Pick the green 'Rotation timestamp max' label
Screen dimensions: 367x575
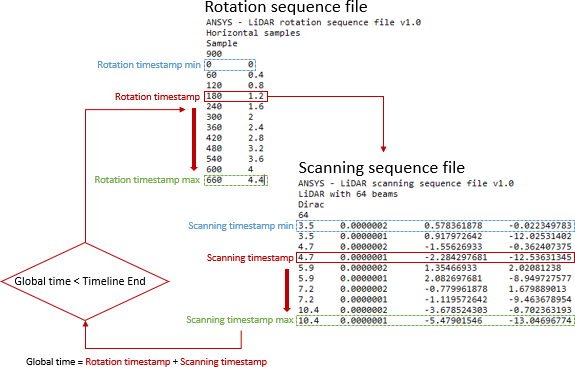pos(148,181)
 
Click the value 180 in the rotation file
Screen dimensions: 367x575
pos(213,96)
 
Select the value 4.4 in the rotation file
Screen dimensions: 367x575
pos(255,181)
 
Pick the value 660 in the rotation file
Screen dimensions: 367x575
pos(213,181)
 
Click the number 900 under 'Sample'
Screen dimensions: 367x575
pos(213,54)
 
